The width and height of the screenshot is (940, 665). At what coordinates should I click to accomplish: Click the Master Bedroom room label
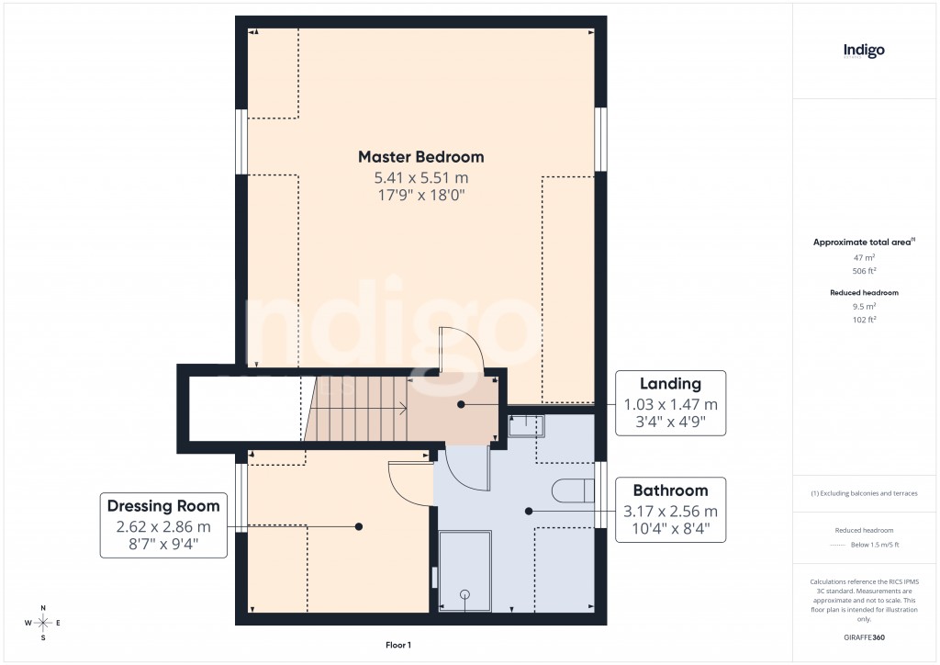[420, 156]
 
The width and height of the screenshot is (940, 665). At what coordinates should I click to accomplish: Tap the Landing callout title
[670, 384]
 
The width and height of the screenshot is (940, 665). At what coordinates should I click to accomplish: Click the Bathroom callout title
[670, 490]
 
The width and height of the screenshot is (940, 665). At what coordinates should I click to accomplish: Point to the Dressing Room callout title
[163, 506]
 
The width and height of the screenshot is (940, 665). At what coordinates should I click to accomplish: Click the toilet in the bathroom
[573, 490]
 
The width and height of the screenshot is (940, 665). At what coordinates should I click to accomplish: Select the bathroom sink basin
[527, 425]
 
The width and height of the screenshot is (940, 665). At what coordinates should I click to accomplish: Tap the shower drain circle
[464, 593]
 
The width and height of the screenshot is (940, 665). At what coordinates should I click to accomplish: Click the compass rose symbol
[41, 623]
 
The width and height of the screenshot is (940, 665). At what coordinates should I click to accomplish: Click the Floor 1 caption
[398, 646]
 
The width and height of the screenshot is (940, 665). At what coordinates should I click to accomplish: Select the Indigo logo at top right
[864, 51]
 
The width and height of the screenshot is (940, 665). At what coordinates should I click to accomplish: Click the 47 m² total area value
[865, 258]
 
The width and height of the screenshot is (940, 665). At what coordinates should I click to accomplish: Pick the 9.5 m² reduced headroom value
[865, 306]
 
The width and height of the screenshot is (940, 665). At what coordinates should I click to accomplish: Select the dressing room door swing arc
[408, 482]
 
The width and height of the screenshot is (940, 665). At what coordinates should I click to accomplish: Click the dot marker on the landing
[461, 404]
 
